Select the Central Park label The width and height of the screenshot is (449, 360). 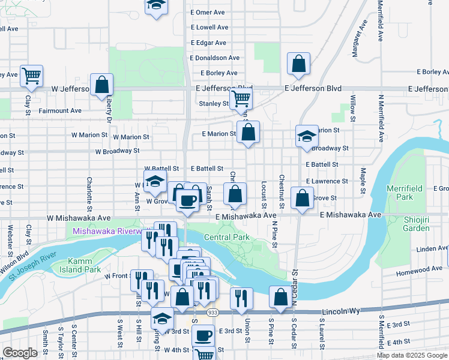(x=226, y=236)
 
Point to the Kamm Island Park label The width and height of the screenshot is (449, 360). (x=85, y=266)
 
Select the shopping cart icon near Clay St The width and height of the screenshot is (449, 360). (x=31, y=76)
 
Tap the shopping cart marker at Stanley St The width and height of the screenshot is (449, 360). (x=241, y=98)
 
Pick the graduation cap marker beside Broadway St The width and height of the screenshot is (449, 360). (x=306, y=136)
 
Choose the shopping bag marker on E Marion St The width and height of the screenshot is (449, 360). (x=248, y=132)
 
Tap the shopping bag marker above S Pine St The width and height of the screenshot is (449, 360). (x=280, y=296)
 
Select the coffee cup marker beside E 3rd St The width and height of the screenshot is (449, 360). (x=203, y=335)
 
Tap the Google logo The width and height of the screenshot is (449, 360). (x=20, y=353)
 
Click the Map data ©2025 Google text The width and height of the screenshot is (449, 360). (x=412, y=355)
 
